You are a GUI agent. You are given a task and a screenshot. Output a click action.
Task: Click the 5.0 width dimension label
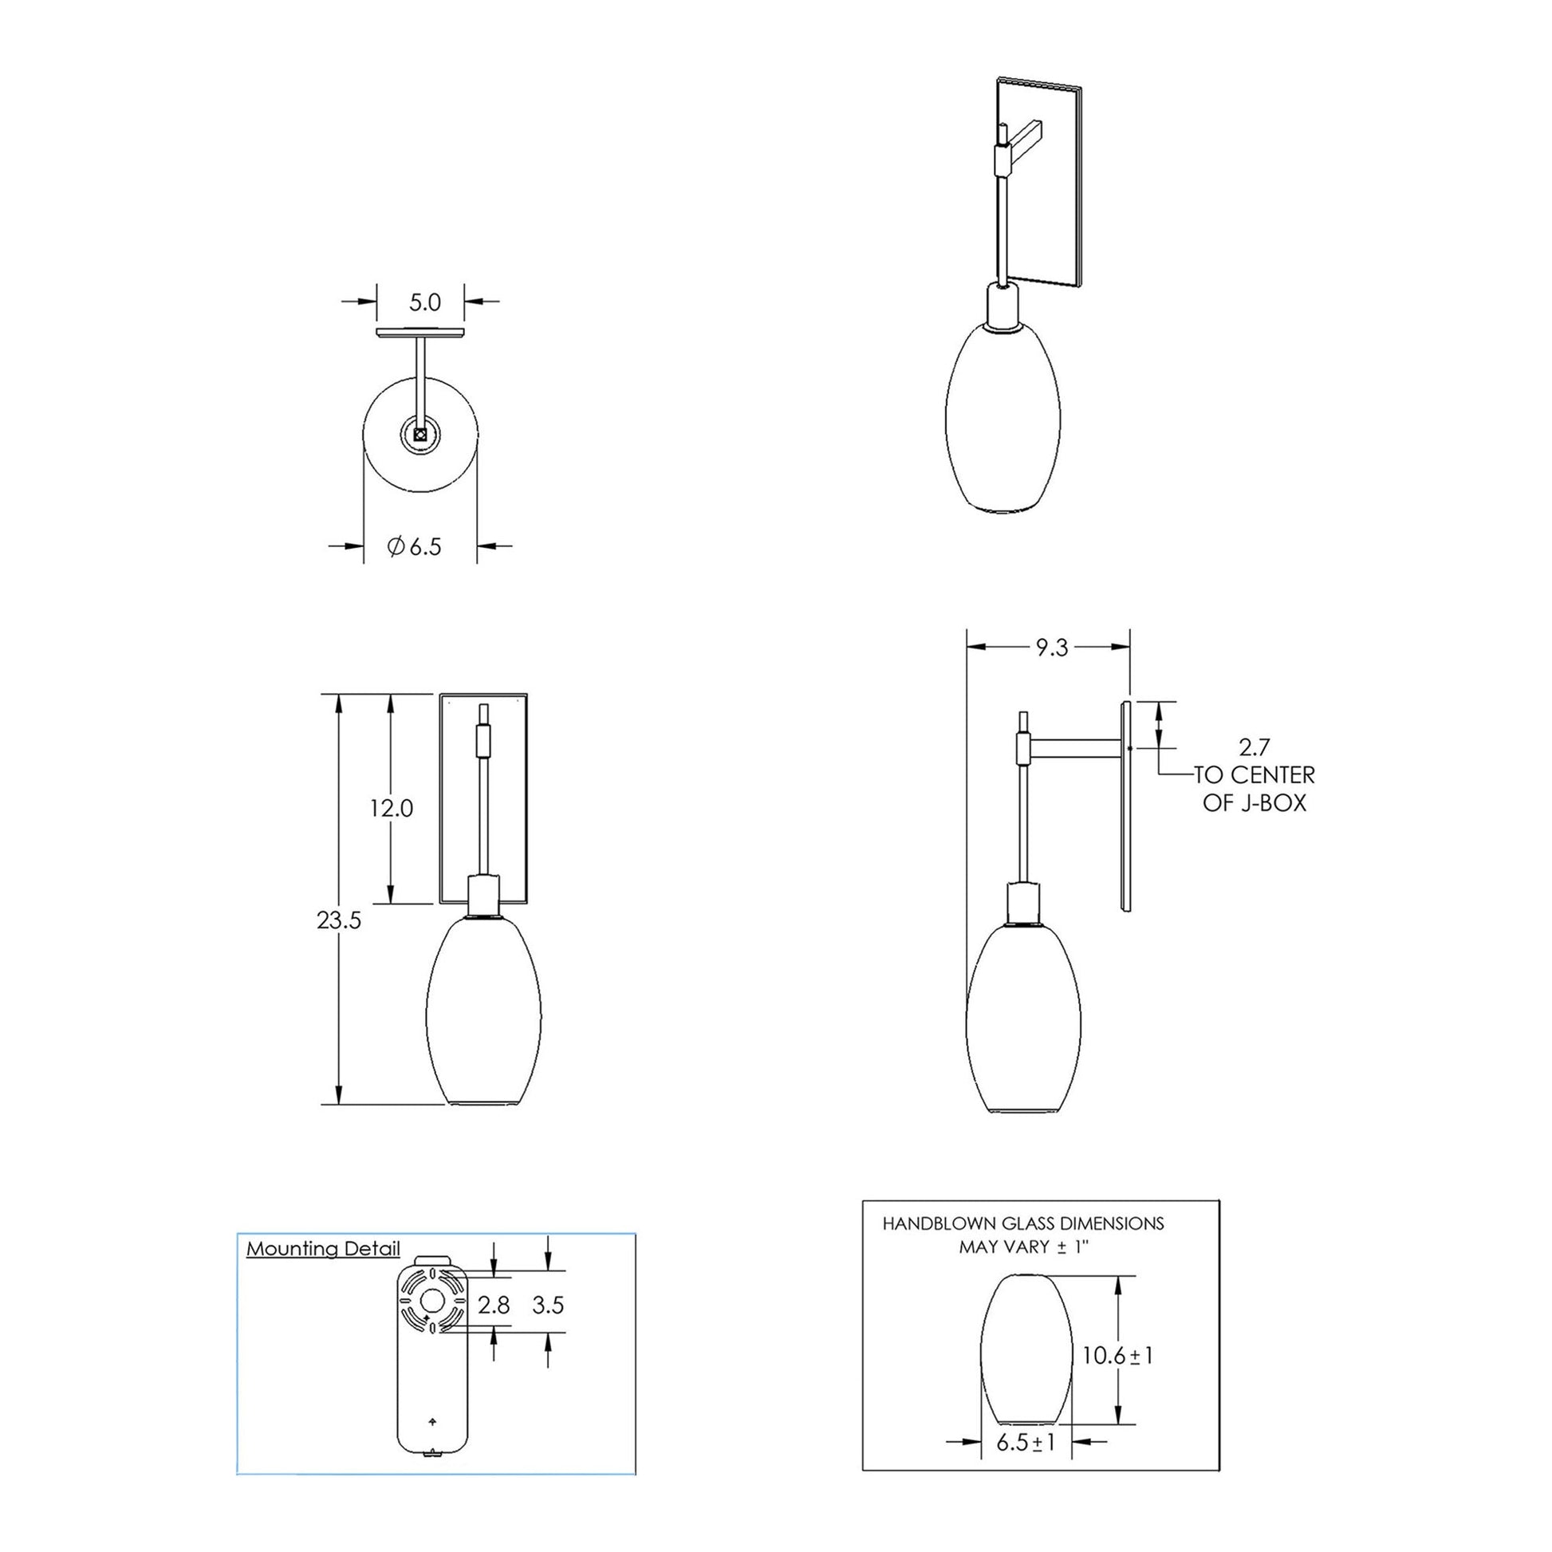425,302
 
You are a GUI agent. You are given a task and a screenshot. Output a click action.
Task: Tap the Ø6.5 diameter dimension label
415,547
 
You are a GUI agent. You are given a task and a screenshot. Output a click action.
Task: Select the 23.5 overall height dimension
339,920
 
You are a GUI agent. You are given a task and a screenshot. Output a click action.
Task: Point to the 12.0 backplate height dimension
392,808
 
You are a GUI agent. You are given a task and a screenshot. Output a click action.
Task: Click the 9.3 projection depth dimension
1050,648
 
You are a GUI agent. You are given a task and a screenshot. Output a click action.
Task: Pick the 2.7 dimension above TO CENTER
1254,747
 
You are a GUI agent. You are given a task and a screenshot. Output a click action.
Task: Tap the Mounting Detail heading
323,1248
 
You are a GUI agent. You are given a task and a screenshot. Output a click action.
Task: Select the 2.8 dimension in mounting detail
493,1306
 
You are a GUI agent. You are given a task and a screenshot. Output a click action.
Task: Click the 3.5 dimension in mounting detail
548,1306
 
